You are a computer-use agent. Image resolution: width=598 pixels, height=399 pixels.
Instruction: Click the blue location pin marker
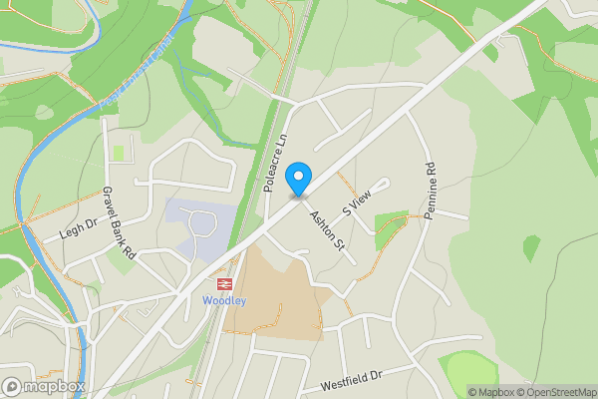click(x=297, y=181)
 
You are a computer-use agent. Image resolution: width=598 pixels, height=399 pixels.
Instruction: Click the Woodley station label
click(x=223, y=300)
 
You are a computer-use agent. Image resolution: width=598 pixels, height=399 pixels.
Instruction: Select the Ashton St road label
click(x=326, y=229)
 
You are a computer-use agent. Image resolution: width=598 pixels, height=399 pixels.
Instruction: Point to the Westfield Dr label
click(x=352, y=379)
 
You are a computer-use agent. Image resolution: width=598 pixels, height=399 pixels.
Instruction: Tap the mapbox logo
click(x=44, y=387)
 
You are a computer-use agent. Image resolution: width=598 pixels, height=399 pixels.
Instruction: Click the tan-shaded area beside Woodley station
click(x=274, y=294)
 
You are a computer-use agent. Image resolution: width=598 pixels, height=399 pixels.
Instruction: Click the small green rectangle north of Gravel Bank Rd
click(x=120, y=154)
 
